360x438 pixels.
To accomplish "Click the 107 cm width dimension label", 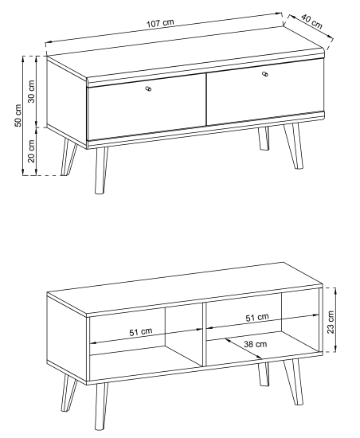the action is (160, 23).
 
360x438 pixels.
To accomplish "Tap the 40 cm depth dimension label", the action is (312, 22).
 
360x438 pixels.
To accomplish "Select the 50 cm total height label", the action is (18, 115).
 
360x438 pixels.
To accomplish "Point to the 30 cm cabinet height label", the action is (32, 92).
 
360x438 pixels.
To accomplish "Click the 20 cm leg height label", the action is (32, 151).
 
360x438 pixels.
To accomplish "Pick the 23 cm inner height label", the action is (331, 322).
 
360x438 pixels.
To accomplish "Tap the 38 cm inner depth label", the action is (256, 344).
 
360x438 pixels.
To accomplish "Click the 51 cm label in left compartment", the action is (141, 332).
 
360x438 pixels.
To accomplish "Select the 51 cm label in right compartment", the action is (257, 317).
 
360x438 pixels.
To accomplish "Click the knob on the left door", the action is (148, 89).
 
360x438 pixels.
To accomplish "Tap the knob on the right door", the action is (265, 74).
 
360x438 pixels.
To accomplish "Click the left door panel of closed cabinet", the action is (147, 107).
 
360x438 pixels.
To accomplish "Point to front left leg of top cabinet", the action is (101, 170).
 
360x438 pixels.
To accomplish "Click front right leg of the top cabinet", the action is (294, 146).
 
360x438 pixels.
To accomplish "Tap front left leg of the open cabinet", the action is (101, 406).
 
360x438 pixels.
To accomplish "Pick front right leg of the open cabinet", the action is (294, 381).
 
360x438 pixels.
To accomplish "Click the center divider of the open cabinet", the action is (204, 334).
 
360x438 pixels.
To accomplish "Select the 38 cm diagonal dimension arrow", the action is (244, 349).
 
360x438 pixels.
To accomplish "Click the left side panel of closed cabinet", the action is (67, 102).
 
